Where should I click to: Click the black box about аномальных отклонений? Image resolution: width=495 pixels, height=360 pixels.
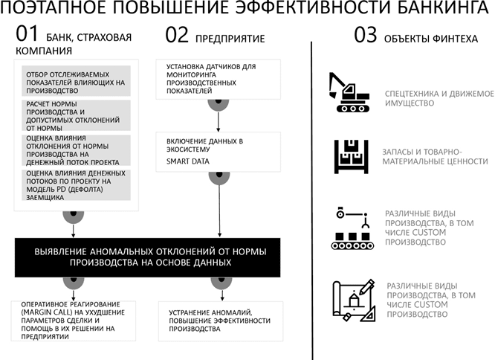[147, 257]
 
